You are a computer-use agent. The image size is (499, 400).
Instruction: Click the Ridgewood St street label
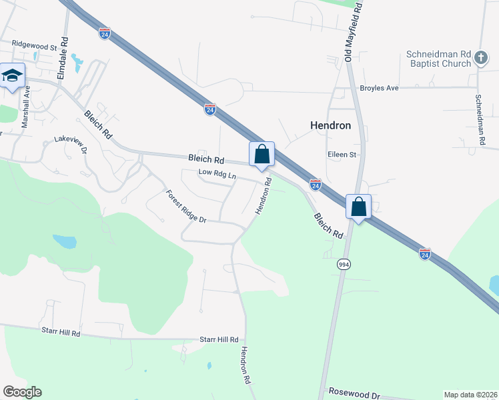click(x=34, y=47)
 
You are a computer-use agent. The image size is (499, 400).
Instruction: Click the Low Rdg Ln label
click(x=218, y=175)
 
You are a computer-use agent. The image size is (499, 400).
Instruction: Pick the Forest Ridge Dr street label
click(x=187, y=207)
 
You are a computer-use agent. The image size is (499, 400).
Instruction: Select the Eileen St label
click(x=343, y=155)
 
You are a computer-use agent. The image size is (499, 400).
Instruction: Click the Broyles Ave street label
click(x=378, y=88)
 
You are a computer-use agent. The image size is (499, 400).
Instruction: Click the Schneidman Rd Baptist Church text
click(x=438, y=59)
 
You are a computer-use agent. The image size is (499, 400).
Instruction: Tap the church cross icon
click(x=481, y=59)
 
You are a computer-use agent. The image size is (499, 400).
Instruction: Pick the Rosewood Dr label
click(x=354, y=393)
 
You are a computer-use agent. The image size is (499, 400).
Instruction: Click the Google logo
click(x=22, y=392)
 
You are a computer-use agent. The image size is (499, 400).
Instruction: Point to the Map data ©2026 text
click(x=470, y=395)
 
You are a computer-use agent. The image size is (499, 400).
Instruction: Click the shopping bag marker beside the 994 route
click(x=359, y=207)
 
